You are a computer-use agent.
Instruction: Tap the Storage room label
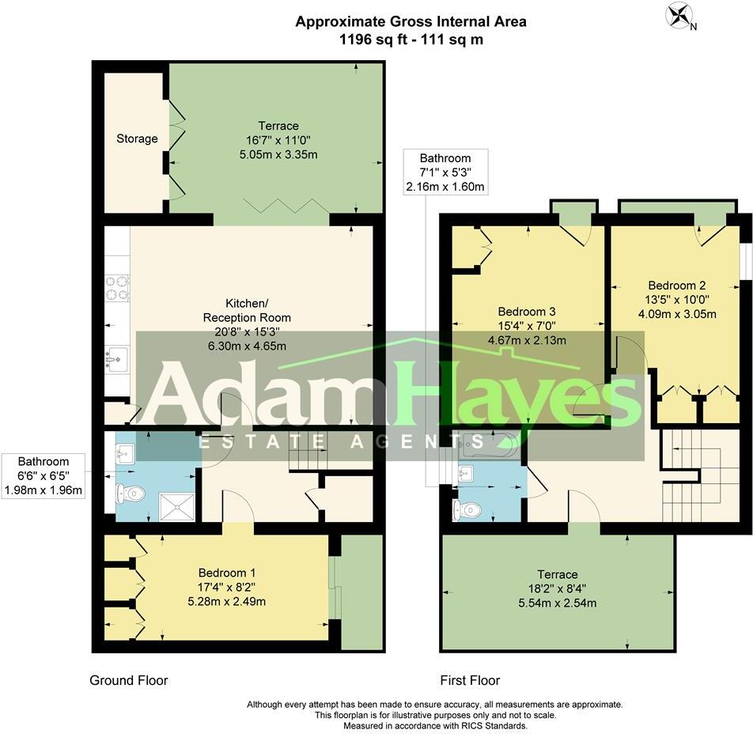click(x=137, y=138)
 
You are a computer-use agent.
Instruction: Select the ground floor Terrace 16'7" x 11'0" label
click(x=278, y=140)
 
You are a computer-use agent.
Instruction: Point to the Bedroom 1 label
click(x=226, y=586)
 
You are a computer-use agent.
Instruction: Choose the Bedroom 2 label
click(x=676, y=300)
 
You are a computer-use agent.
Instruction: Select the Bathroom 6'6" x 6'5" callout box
click(x=44, y=475)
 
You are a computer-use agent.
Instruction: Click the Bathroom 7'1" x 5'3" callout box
click(x=445, y=172)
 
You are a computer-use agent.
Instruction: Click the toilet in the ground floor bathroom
click(x=131, y=494)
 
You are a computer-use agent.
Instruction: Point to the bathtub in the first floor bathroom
click(x=488, y=445)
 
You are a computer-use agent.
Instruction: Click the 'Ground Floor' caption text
click(x=129, y=680)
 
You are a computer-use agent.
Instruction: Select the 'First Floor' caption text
click(x=470, y=680)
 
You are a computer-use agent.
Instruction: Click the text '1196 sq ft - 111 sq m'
click(x=411, y=40)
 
